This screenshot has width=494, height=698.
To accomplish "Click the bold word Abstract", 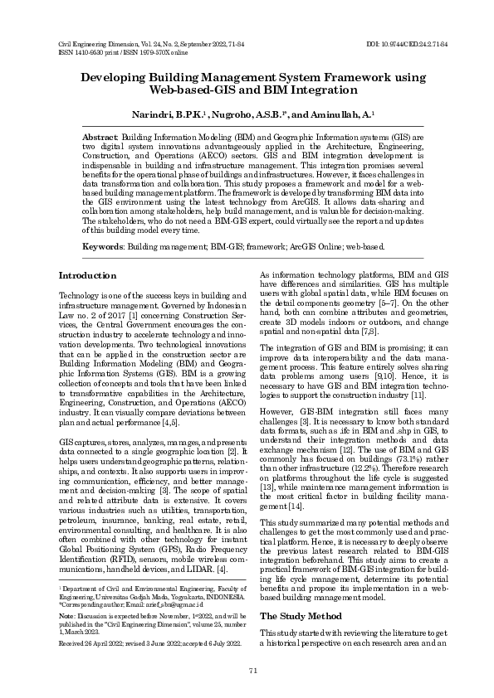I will [x=100, y=135].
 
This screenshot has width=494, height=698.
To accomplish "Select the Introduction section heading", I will [x=88, y=275].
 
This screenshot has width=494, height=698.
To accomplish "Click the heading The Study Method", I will [x=301, y=594].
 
